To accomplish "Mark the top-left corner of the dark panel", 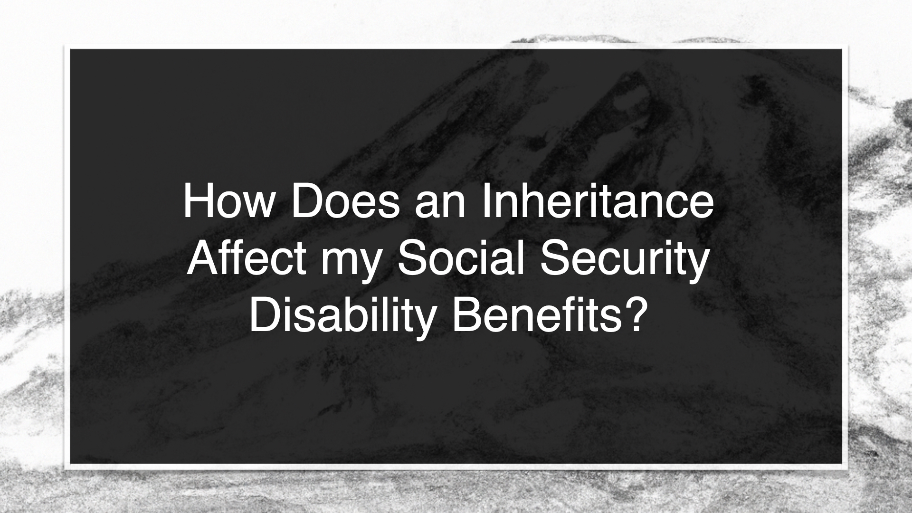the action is pos(70,49).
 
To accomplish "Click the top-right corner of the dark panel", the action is pos(842,49).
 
